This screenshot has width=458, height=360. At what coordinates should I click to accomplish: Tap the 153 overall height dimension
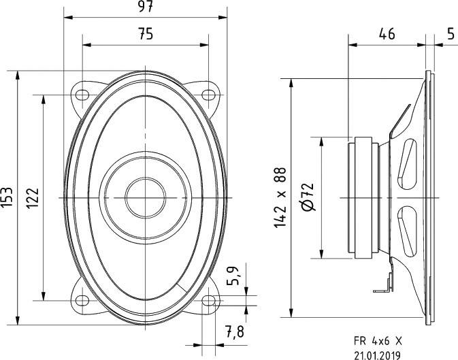click(x=7, y=197)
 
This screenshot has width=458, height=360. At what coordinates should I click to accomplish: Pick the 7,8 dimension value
click(x=234, y=332)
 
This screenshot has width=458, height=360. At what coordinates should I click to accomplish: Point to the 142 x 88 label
click(x=281, y=197)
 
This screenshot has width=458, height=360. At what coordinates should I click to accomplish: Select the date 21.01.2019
click(x=378, y=354)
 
